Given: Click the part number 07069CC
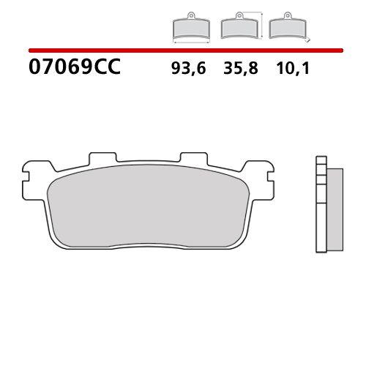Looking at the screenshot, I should (x=73, y=70).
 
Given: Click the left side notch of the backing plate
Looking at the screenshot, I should (x=27, y=175).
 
